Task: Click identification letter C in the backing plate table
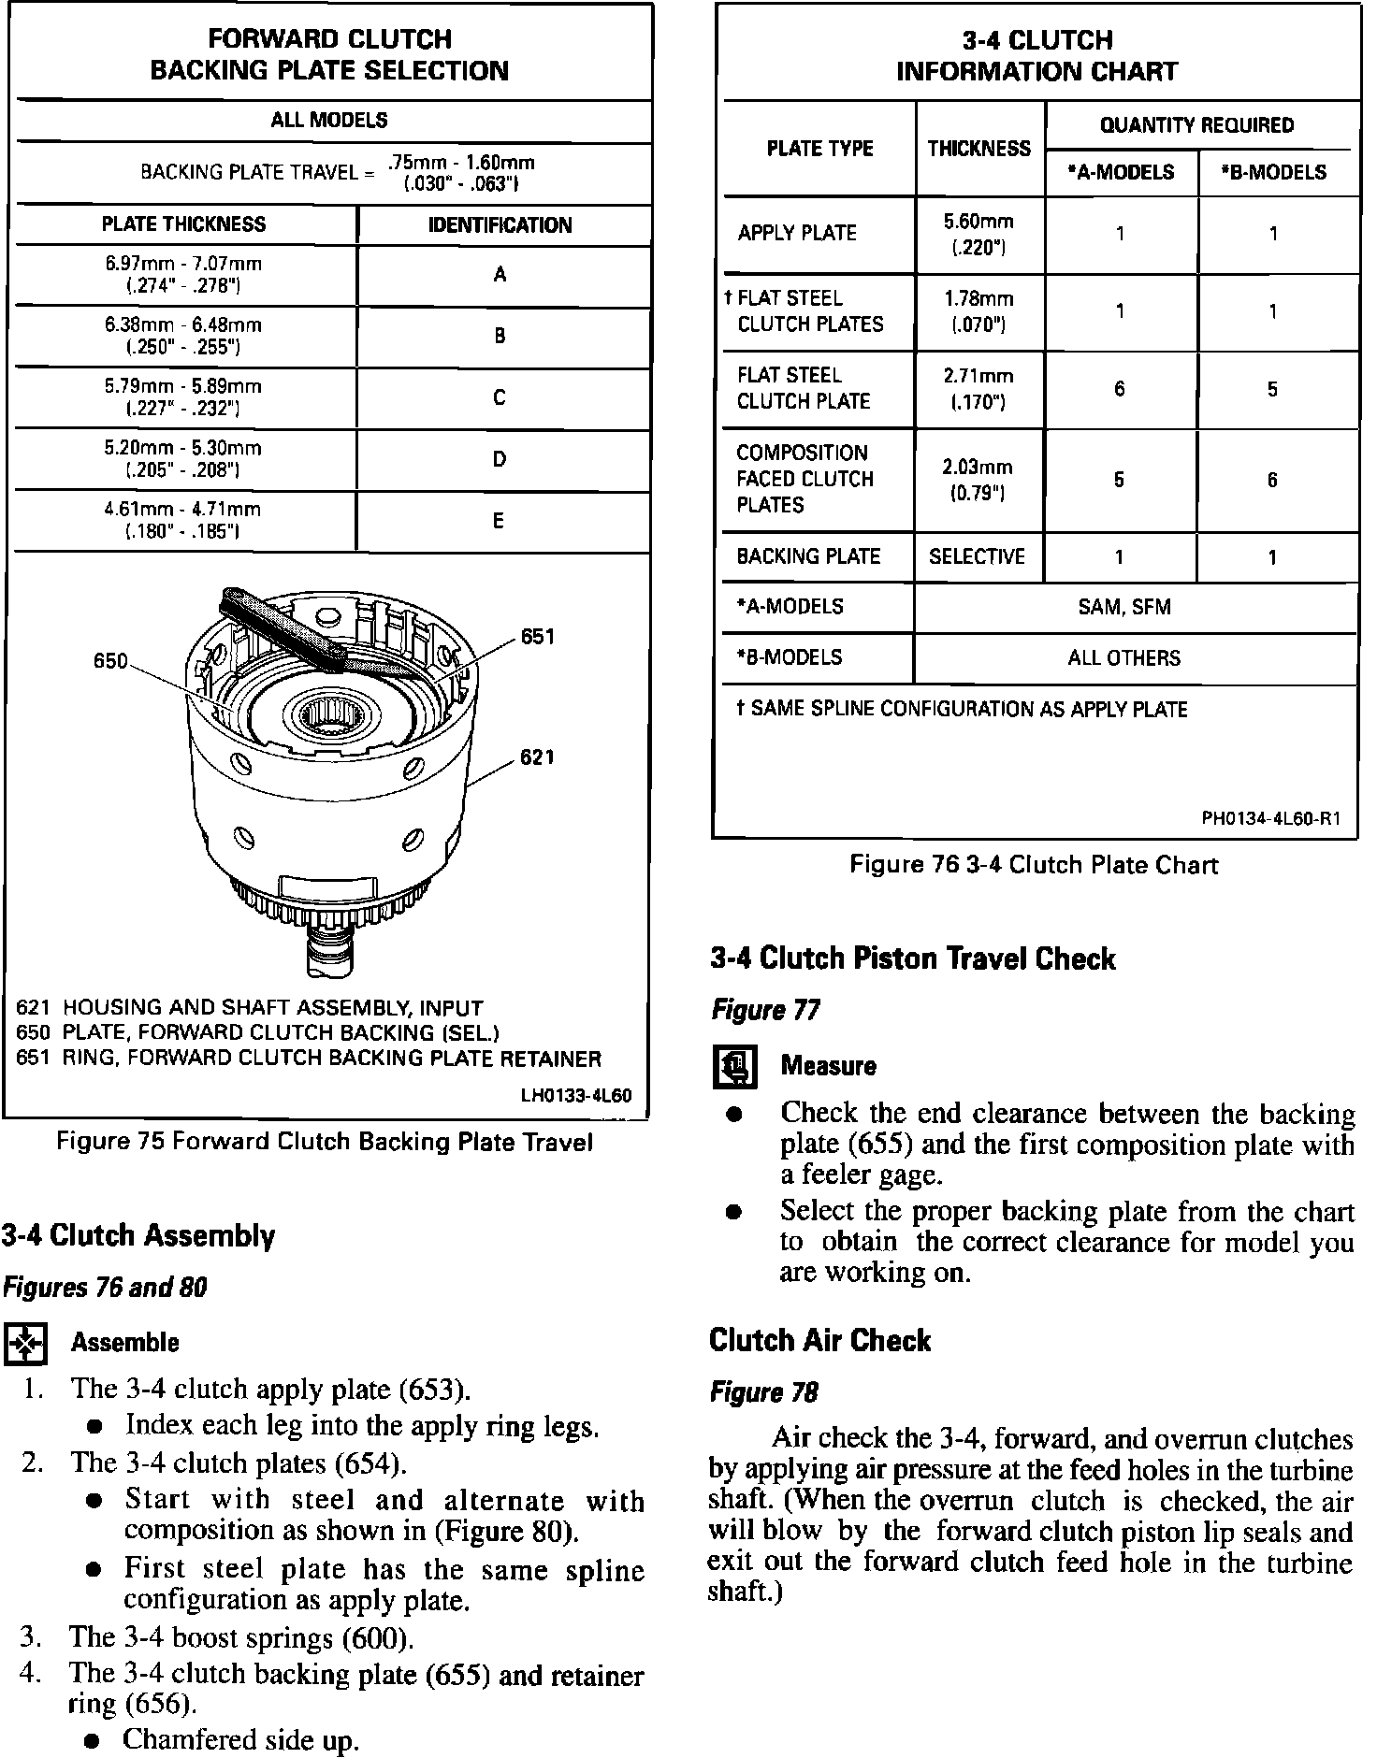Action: coord(500,397)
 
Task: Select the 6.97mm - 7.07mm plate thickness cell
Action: coord(183,275)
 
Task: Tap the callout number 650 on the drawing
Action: coord(110,661)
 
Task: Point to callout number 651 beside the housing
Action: coord(538,637)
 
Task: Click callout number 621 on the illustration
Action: coord(538,757)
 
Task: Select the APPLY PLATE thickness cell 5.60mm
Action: coord(978,234)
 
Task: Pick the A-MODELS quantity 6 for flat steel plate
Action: coord(1120,389)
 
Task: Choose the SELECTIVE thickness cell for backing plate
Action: coord(977,557)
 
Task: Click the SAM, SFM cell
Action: coord(1124,607)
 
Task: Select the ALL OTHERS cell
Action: coord(1124,658)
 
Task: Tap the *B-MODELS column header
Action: coord(1277,172)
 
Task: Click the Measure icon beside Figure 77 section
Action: coord(735,1067)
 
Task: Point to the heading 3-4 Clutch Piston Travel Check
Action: coord(912,958)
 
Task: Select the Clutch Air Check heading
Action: coord(819,1340)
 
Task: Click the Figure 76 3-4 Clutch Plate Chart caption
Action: coord(1034,865)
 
